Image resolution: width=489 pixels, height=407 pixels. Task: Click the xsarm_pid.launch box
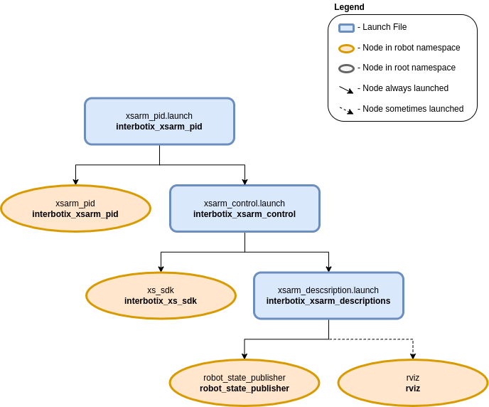coord(159,122)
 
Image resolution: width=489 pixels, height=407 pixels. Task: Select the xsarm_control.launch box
coord(244,208)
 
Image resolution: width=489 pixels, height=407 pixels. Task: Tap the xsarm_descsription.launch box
coord(328,295)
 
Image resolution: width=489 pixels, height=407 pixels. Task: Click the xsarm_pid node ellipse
coord(76,208)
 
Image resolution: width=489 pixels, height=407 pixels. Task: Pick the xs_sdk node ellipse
coord(161,295)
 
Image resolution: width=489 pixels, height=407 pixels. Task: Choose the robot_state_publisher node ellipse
coord(244,383)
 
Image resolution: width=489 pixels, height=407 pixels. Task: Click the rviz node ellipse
coord(413,383)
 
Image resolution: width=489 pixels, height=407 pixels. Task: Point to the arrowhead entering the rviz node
coord(413,356)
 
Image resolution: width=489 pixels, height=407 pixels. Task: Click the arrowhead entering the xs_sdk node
coord(161,270)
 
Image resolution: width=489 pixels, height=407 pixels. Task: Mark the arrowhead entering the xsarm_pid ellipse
coord(76,182)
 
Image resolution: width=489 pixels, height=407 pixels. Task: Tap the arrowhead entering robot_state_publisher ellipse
coord(244,356)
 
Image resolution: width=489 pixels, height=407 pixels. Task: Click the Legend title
coord(349,7)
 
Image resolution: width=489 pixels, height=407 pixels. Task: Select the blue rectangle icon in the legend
coord(346,28)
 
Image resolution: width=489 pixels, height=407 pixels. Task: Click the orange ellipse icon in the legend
coord(346,48)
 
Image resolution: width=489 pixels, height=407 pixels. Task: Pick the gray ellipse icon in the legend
coord(346,69)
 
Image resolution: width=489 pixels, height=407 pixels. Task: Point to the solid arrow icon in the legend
coord(346,90)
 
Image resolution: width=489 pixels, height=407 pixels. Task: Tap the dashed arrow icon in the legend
coord(346,110)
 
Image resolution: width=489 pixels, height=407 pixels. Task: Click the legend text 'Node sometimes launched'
coord(413,109)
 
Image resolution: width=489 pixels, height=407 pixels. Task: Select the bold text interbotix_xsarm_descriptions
coord(328,301)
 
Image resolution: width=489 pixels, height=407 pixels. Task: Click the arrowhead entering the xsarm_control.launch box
coord(244,182)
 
